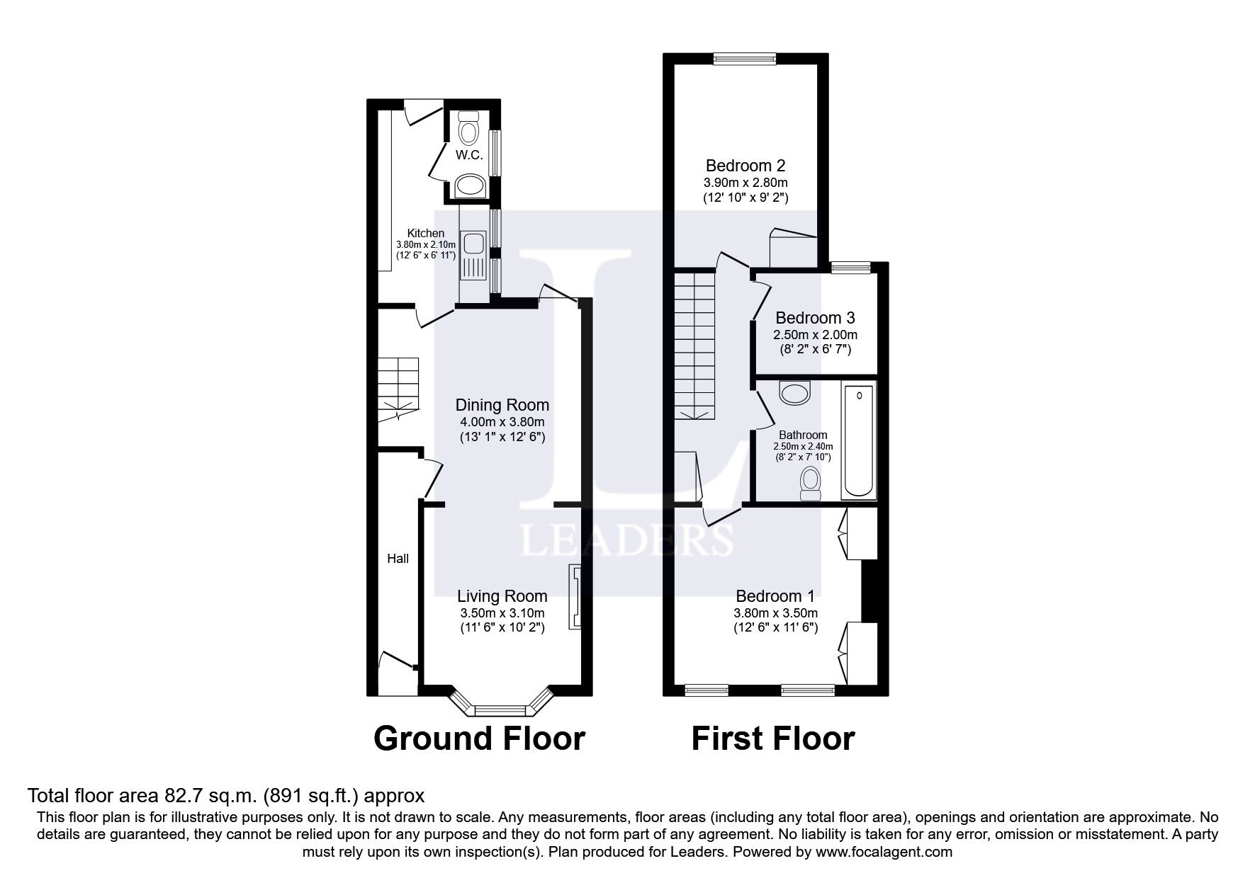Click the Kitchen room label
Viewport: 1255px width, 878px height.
coord(425,233)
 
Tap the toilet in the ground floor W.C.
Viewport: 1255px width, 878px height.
coord(468,131)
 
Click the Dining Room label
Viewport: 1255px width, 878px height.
coord(502,405)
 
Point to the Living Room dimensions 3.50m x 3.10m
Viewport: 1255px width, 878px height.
coord(502,613)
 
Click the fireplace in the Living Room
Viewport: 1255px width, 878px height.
coord(574,597)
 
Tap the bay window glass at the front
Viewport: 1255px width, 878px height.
coord(500,709)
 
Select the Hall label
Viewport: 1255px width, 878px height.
coord(398,559)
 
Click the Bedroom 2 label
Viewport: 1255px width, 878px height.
coord(745,166)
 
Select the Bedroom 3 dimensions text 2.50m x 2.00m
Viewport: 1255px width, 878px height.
coord(815,334)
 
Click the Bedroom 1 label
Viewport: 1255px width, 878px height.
coord(775,596)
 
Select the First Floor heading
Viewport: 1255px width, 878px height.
coord(772,739)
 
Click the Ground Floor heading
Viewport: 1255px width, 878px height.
coord(479,739)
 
